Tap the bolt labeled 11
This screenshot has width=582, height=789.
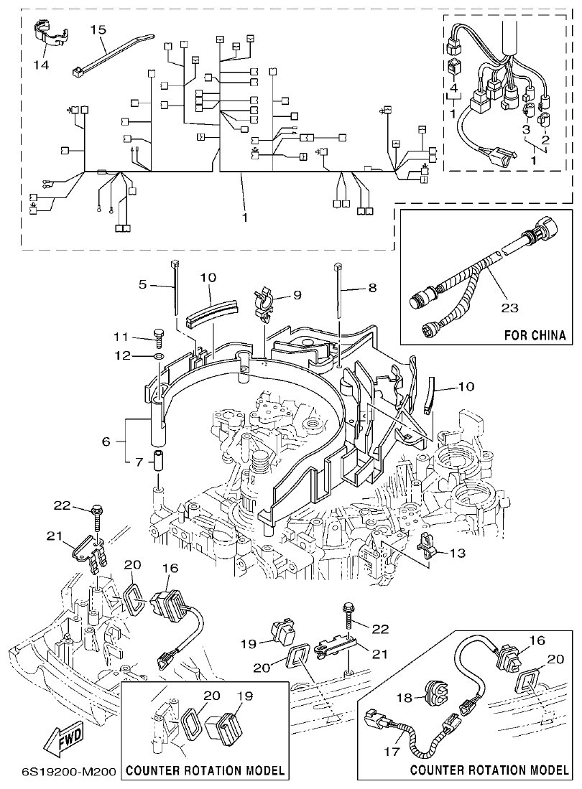[x=158, y=332]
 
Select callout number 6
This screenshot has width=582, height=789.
[x=106, y=442]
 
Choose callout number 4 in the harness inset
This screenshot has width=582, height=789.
[x=453, y=88]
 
